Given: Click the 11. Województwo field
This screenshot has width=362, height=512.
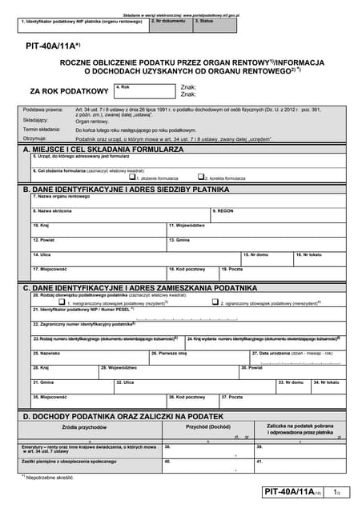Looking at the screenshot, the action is point(256,230).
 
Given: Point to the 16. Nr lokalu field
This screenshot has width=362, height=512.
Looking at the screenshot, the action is point(320,258).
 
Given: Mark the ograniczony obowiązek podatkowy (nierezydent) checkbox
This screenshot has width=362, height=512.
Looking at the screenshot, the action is point(215,302).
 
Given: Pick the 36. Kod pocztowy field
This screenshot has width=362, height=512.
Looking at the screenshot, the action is point(192,401).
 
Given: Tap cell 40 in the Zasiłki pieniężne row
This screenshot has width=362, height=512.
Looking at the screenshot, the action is point(207,464).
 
